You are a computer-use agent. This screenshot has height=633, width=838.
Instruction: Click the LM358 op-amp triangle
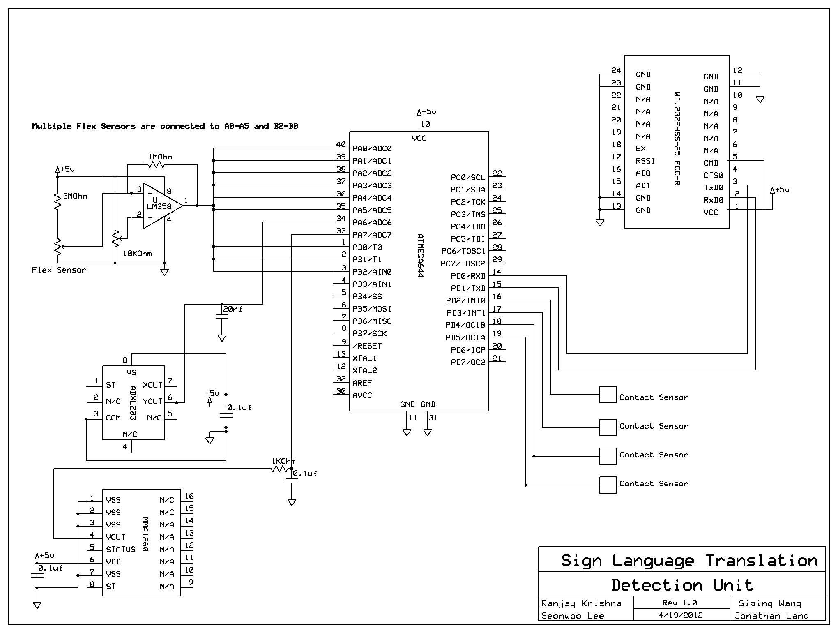point(163,206)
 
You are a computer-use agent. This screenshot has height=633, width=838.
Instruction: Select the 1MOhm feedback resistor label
point(161,157)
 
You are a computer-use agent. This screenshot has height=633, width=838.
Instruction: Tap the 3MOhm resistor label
point(75,196)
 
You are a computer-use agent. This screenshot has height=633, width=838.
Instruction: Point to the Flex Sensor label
point(59,270)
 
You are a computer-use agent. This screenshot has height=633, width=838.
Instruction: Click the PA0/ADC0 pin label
point(372,148)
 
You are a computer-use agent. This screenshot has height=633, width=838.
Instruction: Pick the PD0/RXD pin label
point(468,276)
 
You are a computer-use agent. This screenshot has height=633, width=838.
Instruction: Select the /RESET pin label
point(367,346)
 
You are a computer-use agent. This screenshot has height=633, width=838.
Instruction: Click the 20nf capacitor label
point(233,309)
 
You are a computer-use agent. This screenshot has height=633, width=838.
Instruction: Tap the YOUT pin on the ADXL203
point(153,401)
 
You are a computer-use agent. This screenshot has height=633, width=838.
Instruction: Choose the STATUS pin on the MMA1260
point(121,549)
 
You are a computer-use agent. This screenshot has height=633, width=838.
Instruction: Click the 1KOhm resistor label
point(283,461)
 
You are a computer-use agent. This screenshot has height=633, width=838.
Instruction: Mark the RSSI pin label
point(645,161)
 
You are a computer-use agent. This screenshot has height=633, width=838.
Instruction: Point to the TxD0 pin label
point(714,187)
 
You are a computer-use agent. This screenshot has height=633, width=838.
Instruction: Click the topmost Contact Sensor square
point(608,395)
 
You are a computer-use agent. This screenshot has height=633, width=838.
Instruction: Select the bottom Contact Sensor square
point(608,485)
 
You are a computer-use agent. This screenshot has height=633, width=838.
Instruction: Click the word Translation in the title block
point(762,561)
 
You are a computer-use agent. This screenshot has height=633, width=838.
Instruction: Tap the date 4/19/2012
point(681,615)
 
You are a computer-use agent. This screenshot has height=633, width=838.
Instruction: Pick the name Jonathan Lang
point(772,616)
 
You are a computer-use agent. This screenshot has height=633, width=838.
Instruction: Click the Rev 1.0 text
point(680,603)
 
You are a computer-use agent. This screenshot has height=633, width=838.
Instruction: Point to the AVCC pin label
point(362,395)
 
